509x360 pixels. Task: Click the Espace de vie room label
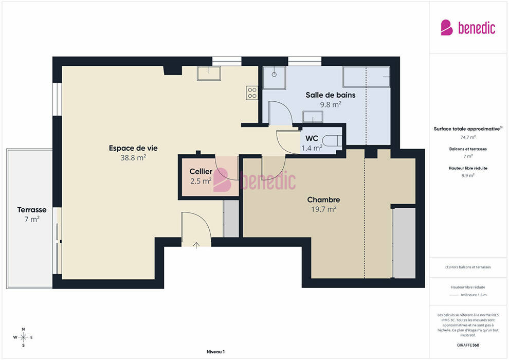tap(133, 148)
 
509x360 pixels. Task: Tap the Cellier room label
tap(201, 171)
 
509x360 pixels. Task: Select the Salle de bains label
tap(331, 95)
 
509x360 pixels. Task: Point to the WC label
tap(312, 138)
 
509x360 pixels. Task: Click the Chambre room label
tap(323, 200)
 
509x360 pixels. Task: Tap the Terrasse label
tap(32, 210)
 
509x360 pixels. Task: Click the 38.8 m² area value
tap(133, 158)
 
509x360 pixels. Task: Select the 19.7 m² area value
tap(323, 209)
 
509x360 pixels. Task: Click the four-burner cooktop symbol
tap(252, 93)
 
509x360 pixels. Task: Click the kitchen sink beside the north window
tap(209, 74)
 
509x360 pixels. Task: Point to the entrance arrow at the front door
tap(196, 245)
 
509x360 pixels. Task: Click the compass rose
tap(23, 337)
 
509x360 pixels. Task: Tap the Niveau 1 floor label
tap(215, 352)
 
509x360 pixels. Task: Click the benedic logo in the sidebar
tap(468, 27)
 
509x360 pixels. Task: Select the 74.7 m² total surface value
tap(468, 137)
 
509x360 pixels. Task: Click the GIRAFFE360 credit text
tap(468, 345)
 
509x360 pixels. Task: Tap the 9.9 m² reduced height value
tap(468, 175)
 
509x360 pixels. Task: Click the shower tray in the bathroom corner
tap(275, 78)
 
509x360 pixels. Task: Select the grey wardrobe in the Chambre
tap(404, 243)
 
